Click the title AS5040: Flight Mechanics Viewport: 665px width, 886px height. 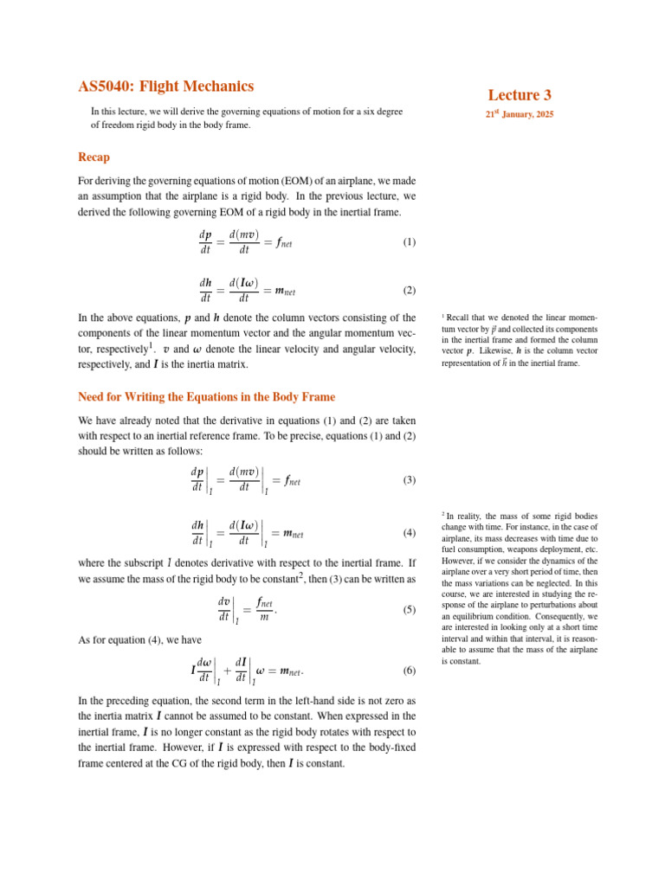[165, 87]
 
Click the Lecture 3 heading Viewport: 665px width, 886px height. [519, 95]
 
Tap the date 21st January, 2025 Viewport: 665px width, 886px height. [519, 114]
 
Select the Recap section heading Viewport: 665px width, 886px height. [94, 157]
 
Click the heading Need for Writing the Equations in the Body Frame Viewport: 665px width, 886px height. [206, 397]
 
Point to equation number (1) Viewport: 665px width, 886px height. [410, 242]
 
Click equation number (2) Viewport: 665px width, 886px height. [410, 291]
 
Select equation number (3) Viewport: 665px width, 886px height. [410, 480]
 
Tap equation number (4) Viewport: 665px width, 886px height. [410, 532]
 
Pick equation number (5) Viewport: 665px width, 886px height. [410, 610]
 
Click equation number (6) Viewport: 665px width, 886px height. [410, 671]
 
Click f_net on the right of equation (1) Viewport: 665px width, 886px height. [282, 243]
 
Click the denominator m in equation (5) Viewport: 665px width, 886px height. [265, 618]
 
